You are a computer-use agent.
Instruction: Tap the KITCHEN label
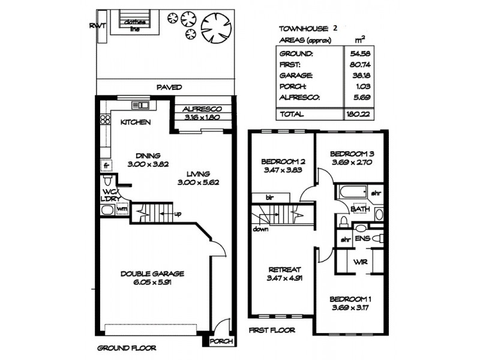tap(135, 122)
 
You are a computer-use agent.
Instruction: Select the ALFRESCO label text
tap(202, 109)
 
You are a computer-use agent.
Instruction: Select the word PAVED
tap(169, 87)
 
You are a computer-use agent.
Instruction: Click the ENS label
tap(362, 239)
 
